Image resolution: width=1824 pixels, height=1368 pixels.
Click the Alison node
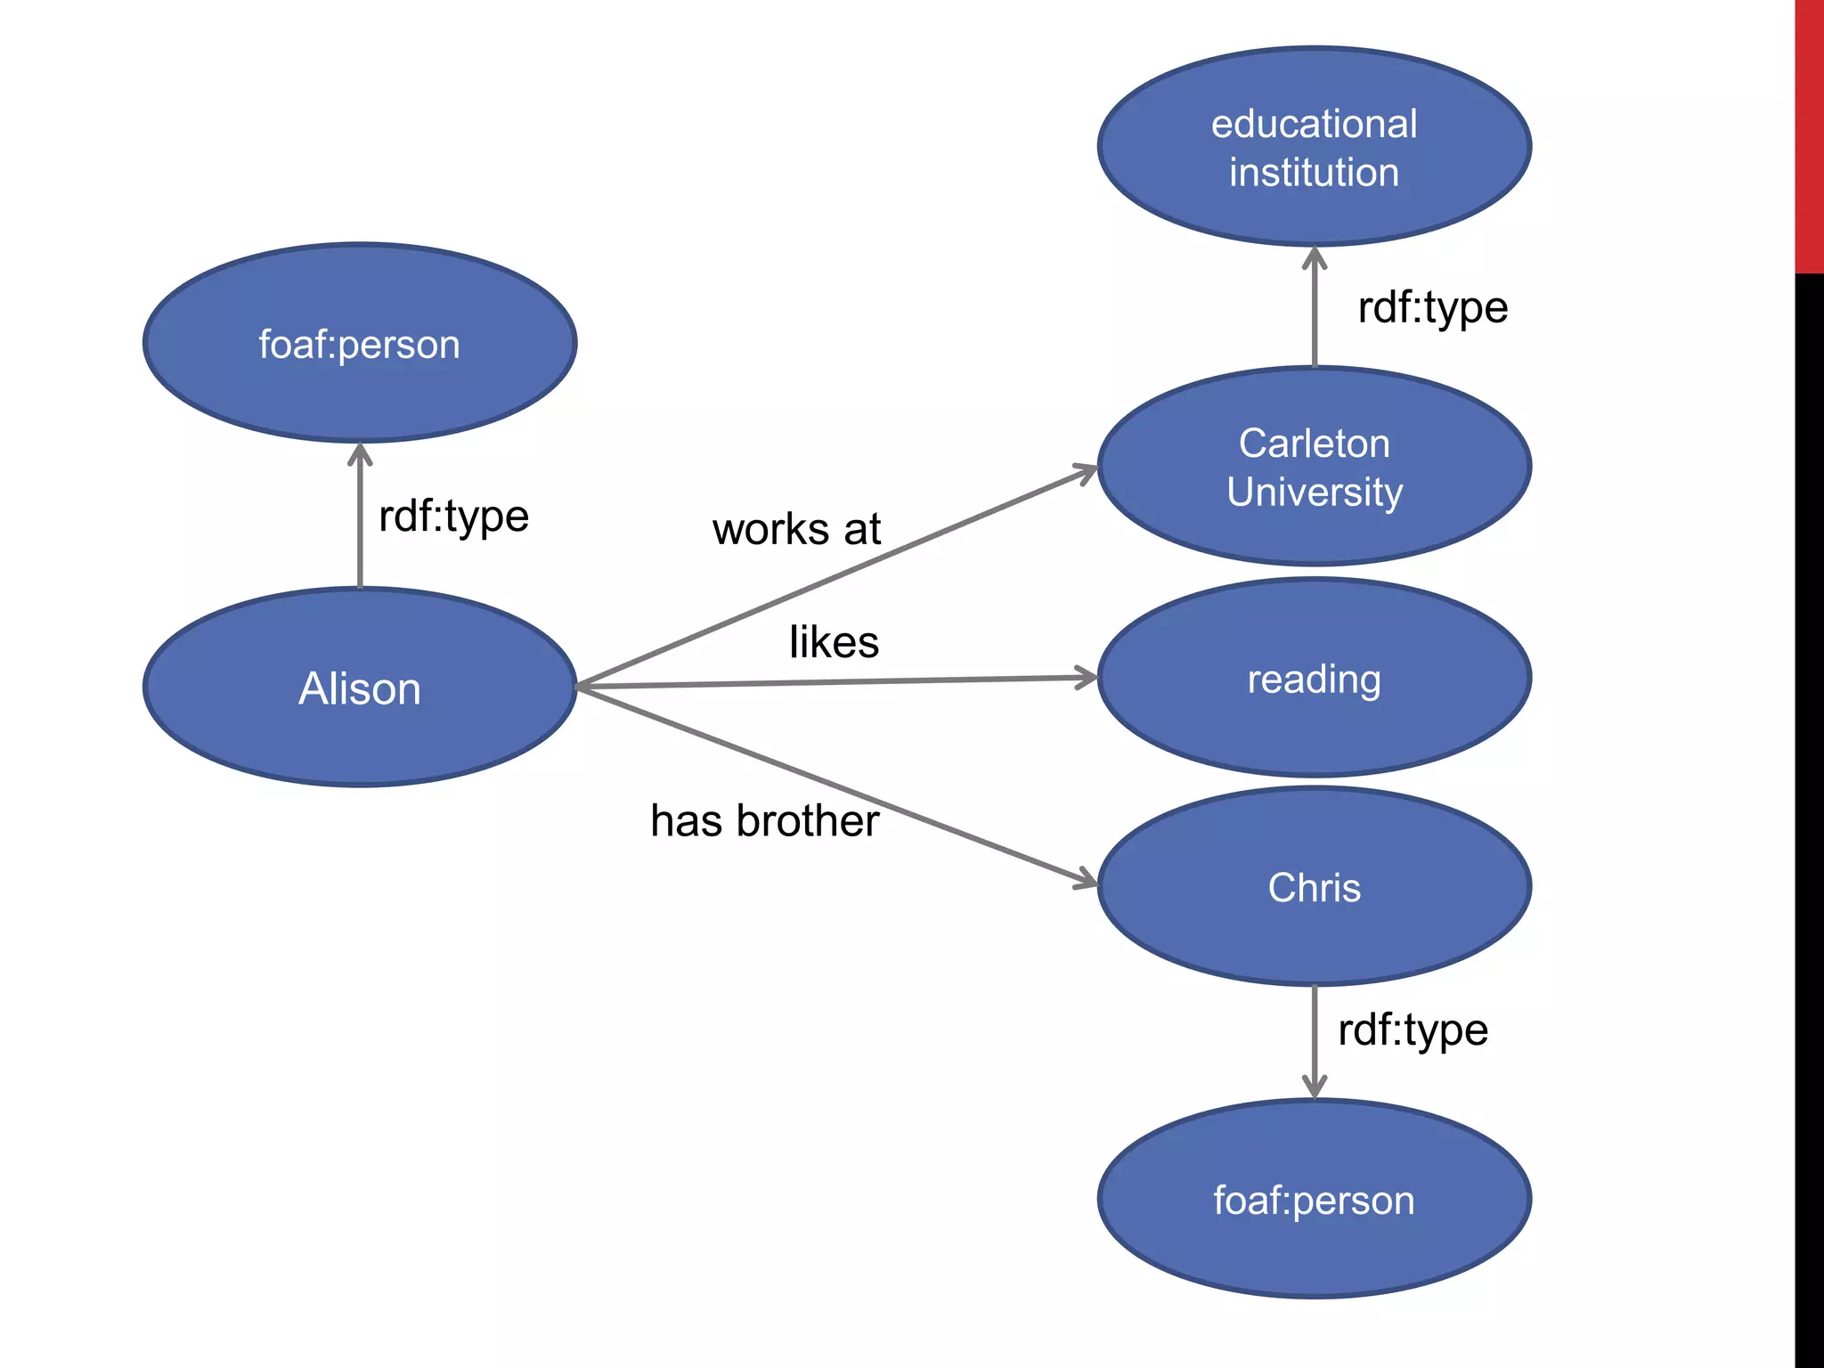360,688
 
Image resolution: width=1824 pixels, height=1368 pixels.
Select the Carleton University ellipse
1315,467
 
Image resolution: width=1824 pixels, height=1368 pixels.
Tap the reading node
1315,679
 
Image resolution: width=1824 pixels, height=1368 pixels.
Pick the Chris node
1315,887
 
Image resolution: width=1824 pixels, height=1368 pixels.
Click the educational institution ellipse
1315,147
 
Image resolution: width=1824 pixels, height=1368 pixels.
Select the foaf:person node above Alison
360,344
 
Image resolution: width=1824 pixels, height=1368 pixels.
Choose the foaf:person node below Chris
1315,1200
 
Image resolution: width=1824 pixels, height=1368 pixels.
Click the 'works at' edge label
796,529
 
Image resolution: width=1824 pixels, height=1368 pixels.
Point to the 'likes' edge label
834,641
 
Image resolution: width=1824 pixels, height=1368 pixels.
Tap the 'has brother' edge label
764,820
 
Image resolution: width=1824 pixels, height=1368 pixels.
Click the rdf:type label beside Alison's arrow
453,517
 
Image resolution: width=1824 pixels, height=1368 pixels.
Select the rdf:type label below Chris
1413,1030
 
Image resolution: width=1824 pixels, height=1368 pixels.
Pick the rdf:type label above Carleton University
1432,308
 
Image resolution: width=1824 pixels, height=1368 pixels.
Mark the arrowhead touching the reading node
1087,679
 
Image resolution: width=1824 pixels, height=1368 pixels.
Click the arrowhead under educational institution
1315,258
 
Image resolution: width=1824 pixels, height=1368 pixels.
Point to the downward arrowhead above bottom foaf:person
1315,1087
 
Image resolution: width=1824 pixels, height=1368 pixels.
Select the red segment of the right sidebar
1809,134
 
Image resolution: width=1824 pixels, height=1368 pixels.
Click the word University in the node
1315,492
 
